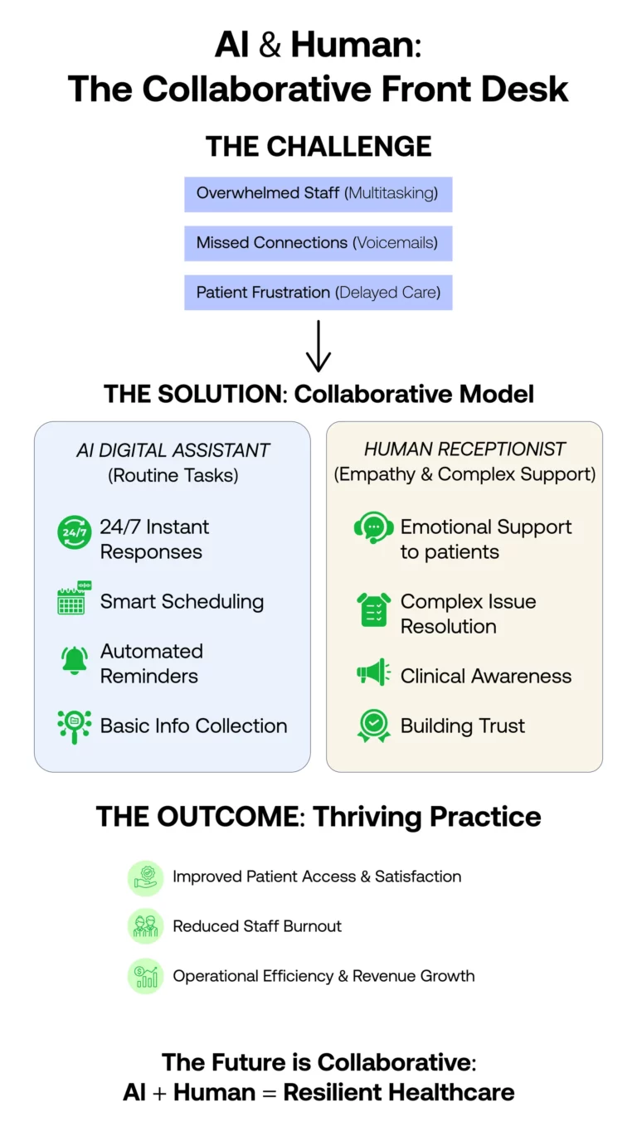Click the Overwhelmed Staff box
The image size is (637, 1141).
[318, 194]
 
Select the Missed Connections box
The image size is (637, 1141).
[318, 243]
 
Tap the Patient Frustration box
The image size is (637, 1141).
[318, 293]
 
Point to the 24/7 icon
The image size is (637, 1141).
[74, 532]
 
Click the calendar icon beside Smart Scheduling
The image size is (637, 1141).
[74, 599]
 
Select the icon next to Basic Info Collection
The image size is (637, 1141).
[75, 726]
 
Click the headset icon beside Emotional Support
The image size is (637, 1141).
[373, 528]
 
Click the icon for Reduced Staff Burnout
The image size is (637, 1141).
[146, 926]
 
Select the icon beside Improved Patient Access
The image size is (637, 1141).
[146, 877]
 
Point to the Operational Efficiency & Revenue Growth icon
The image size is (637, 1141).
[146, 976]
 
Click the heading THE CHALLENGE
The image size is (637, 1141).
[318, 146]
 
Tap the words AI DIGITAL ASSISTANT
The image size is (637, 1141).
[173, 450]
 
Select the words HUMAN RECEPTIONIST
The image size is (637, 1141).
[464, 449]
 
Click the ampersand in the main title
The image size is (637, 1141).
[270, 46]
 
